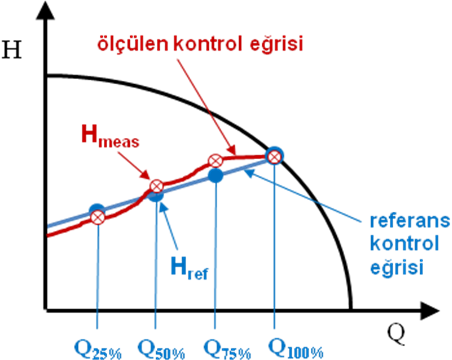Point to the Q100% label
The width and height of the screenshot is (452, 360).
[295, 348]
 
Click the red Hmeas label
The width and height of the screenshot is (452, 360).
[110, 137]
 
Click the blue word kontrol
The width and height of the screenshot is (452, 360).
[404, 243]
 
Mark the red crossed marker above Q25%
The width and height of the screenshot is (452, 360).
[97, 217]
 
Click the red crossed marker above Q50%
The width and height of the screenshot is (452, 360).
[156, 186]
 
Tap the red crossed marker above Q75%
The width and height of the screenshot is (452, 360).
[215, 160]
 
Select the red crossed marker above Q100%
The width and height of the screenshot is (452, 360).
[274, 156]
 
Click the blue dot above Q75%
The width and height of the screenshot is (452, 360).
[215, 175]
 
